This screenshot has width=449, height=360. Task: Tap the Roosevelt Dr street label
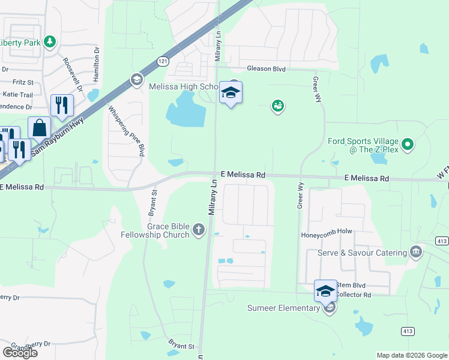[68, 71]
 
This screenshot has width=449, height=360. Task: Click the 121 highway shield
[163, 61]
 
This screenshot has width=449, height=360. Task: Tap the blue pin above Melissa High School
[231, 93]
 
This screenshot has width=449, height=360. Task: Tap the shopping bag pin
[39, 128]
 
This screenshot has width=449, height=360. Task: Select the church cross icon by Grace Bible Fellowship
[198, 229]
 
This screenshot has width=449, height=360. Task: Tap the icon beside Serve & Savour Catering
[415, 251]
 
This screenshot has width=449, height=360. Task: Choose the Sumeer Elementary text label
[283, 308]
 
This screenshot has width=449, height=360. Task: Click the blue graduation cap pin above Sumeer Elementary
[325, 291]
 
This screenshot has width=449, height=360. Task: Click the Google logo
[20, 352]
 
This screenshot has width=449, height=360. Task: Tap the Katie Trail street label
[17, 94]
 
